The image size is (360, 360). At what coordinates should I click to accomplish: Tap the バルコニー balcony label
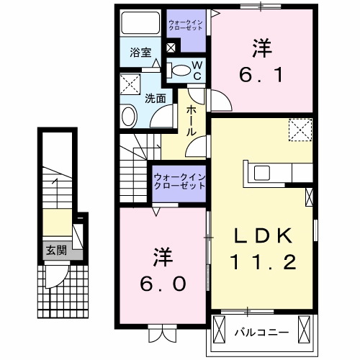(x=261, y=332)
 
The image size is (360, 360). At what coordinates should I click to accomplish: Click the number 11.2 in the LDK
(x=264, y=263)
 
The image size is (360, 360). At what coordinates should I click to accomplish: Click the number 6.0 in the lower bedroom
(x=163, y=282)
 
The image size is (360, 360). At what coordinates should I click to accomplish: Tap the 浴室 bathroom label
(x=140, y=53)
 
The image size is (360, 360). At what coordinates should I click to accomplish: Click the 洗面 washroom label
(x=155, y=98)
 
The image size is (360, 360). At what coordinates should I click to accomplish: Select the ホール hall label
(x=192, y=121)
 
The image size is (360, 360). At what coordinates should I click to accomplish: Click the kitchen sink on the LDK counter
(x=261, y=172)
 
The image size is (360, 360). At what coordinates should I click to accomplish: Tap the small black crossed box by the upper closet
(x=171, y=48)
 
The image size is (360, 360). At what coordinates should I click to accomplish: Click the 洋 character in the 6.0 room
(x=163, y=256)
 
